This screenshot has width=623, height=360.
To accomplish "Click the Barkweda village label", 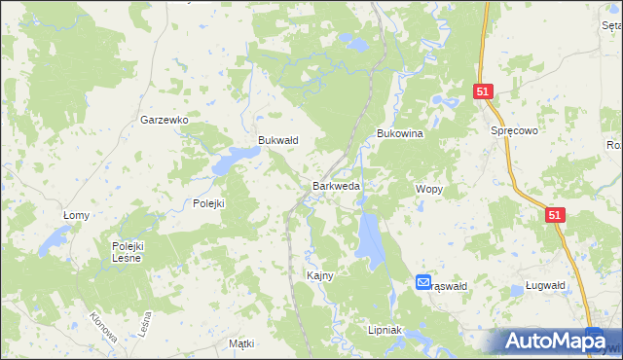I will pyautogui.click(x=337, y=185).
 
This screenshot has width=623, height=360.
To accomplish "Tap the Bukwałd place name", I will pyautogui.click(x=277, y=140).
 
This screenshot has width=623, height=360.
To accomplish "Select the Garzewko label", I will pyautogui.click(x=164, y=120).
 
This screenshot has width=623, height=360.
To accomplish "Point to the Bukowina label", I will pyautogui.click(x=399, y=134).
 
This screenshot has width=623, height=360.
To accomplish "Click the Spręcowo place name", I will pyautogui.click(x=515, y=129).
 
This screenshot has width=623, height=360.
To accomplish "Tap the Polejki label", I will pyautogui.click(x=208, y=203).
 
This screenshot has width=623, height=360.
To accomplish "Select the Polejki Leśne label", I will pyautogui.click(x=127, y=252).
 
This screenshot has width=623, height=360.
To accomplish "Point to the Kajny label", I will pyautogui.click(x=320, y=275).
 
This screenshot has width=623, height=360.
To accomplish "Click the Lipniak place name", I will pyautogui.click(x=385, y=331).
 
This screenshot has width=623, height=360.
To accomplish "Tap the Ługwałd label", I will pyautogui.click(x=543, y=286).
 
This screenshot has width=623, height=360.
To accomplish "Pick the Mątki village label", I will pyautogui.click(x=240, y=344).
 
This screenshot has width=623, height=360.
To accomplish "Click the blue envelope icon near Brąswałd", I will pyautogui.click(x=423, y=282).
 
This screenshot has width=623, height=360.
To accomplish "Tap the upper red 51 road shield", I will pyautogui.click(x=485, y=91).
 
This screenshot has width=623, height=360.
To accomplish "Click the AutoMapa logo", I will pyautogui.click(x=555, y=342).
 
